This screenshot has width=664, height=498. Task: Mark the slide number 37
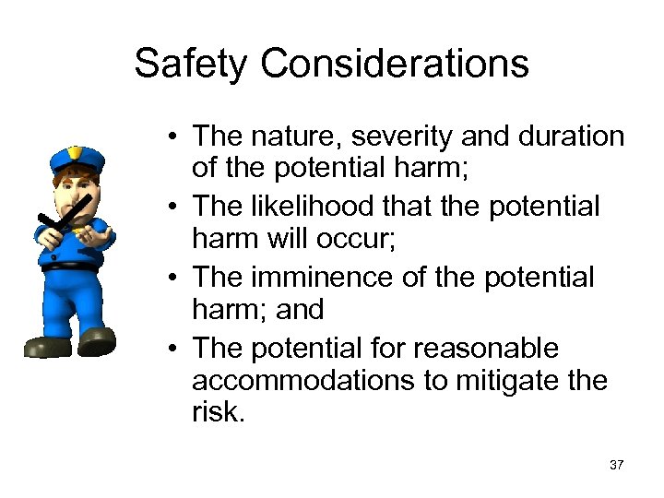tap(616, 465)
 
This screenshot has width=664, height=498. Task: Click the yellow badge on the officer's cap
tap(75, 152)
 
